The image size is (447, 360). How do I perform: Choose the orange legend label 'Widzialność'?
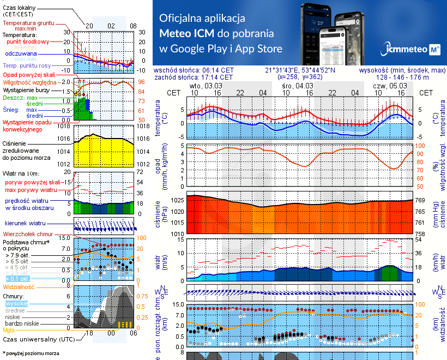pyautogui.click(x=19, y=286)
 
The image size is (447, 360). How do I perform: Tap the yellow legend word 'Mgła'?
pyautogui.click(x=9, y=329)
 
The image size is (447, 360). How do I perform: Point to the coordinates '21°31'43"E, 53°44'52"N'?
pyautogui.click(x=300, y=70)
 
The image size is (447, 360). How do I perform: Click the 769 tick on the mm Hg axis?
pyautogui.click(x=420, y=200)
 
